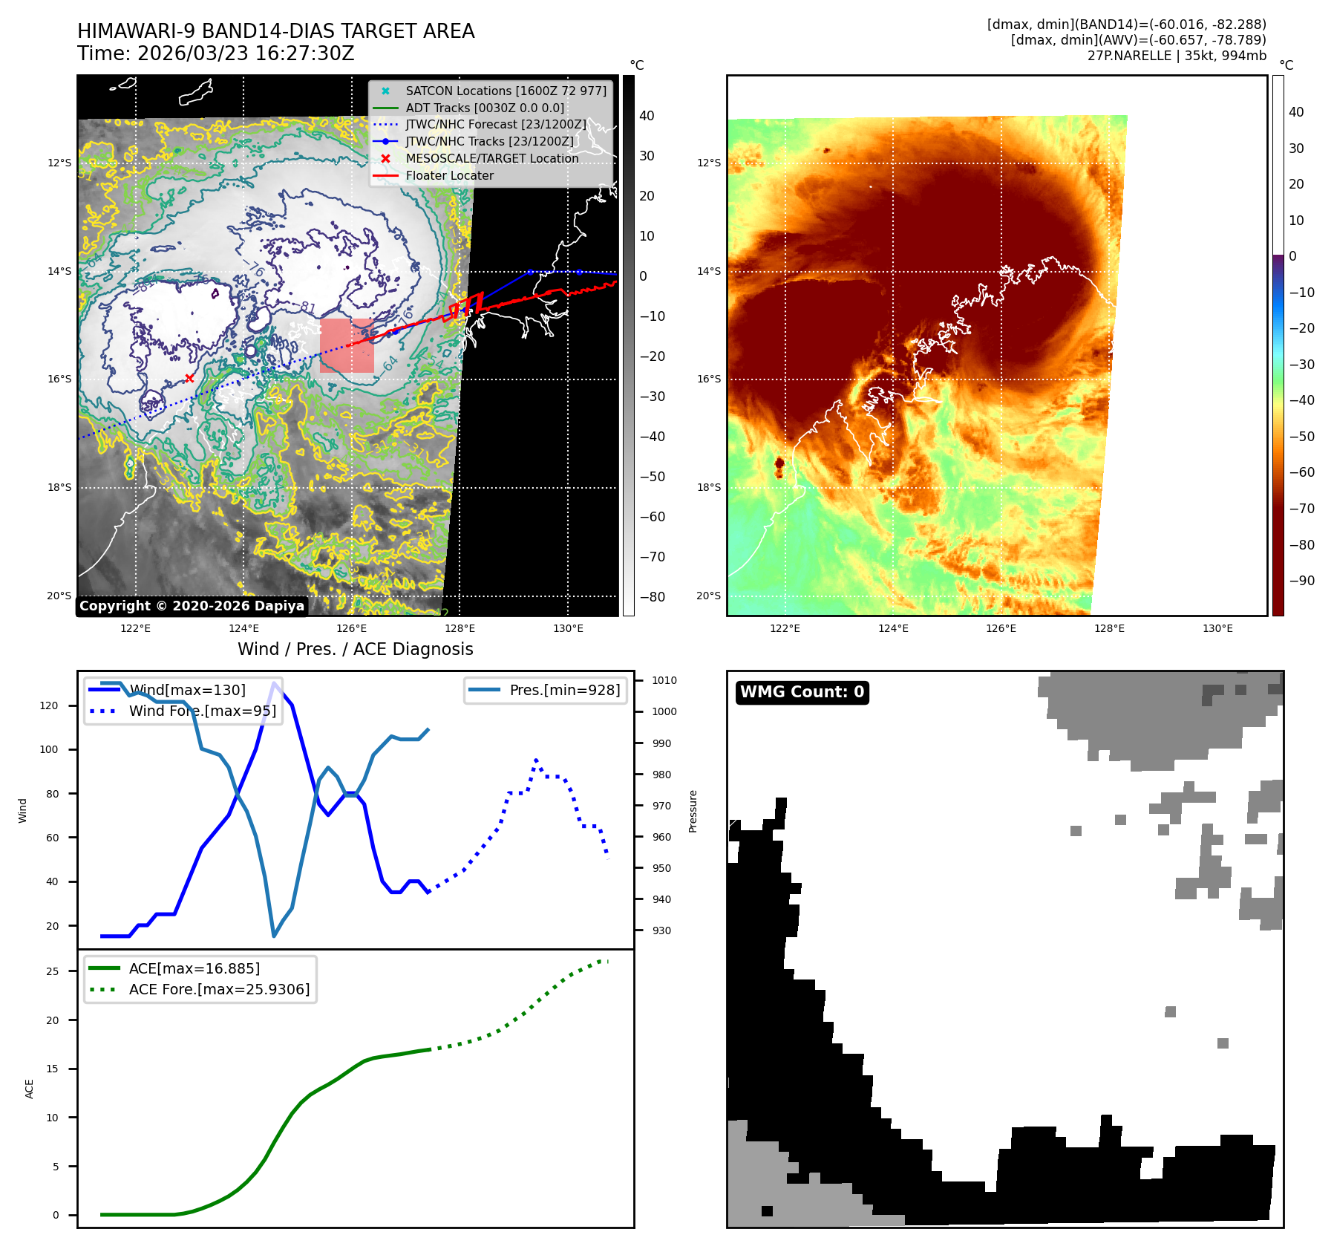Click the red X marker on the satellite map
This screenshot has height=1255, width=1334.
(x=189, y=378)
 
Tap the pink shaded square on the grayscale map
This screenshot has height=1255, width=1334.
(x=347, y=345)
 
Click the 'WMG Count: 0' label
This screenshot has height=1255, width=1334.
(x=802, y=692)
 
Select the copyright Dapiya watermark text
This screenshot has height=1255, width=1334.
(x=192, y=606)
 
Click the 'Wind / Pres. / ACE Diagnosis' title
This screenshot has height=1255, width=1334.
(x=355, y=649)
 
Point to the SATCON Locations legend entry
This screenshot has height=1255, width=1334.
(x=506, y=91)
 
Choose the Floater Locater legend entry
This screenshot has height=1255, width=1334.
(x=449, y=175)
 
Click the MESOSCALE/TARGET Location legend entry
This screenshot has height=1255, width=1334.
(x=491, y=158)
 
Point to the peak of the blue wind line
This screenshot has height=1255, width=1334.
(x=275, y=683)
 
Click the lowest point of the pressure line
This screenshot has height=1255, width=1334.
(x=274, y=936)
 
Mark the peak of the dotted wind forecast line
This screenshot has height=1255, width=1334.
(x=536, y=760)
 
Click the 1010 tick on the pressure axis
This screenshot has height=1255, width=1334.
(x=664, y=680)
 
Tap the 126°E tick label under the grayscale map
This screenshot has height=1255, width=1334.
(x=351, y=628)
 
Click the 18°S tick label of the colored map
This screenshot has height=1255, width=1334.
(x=708, y=487)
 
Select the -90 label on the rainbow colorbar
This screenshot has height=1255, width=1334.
(x=1301, y=581)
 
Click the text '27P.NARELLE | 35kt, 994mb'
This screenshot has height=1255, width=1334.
(x=1177, y=56)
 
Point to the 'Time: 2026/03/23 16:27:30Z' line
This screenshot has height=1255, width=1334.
(x=216, y=53)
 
